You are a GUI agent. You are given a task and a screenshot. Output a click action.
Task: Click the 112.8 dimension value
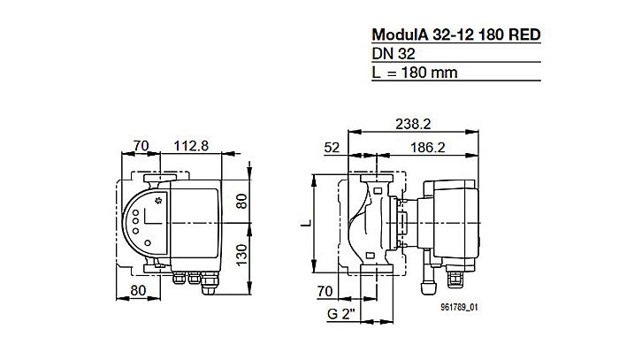[191, 146]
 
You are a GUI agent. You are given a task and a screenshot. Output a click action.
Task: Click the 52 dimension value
[332, 146]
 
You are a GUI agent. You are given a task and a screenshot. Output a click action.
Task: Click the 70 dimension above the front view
[139, 146]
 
